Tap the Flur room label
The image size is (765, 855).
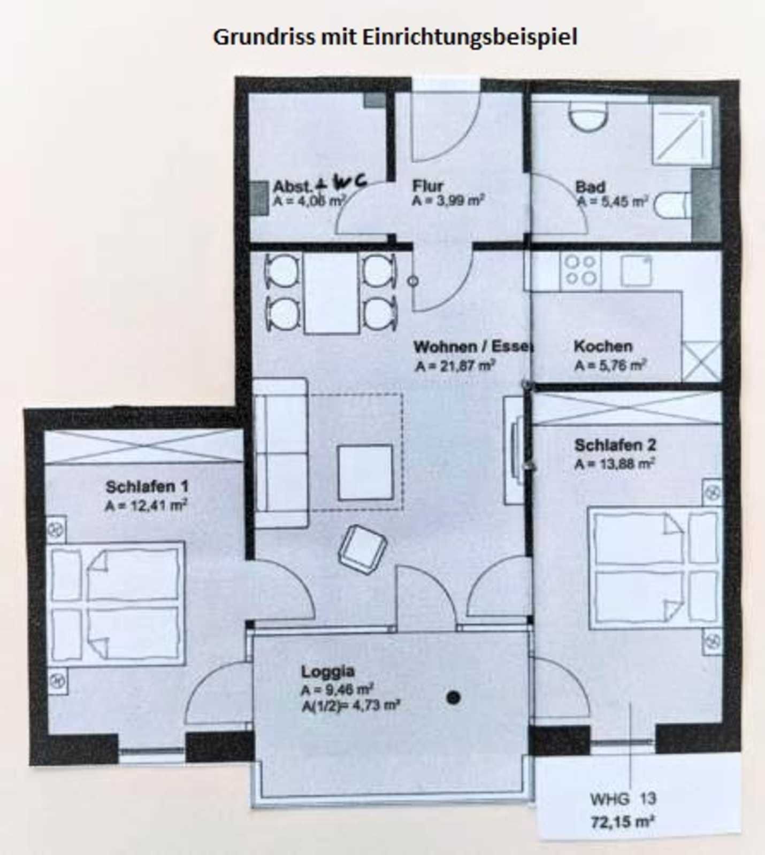[x=427, y=186]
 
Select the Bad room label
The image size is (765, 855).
[x=591, y=187]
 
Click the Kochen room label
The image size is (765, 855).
[x=603, y=346]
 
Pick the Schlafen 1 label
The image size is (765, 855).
[x=147, y=487]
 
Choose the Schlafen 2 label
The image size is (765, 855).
[x=615, y=445]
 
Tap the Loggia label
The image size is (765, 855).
[x=328, y=672]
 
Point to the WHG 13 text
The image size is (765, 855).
[x=623, y=799]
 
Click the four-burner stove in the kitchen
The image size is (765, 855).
[x=581, y=270]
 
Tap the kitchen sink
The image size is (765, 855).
[x=636, y=271]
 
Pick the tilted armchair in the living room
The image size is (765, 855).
[x=363, y=550]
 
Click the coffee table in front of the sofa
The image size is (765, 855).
[x=365, y=473]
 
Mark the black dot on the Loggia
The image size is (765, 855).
[x=453, y=697]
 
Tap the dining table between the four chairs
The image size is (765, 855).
[x=331, y=293]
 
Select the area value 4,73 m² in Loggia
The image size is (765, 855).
[x=369, y=705]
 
